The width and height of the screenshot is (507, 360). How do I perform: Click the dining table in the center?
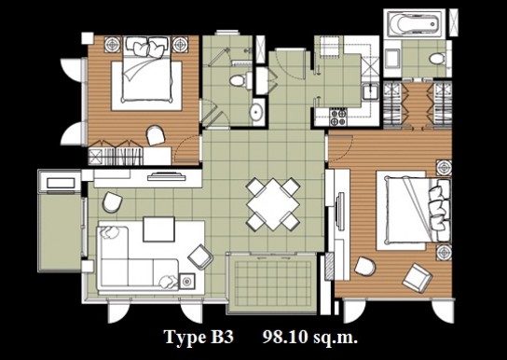273,204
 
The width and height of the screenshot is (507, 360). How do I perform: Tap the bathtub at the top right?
414,23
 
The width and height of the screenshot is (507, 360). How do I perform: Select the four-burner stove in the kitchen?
338,117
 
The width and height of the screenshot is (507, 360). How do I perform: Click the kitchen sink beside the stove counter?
370,90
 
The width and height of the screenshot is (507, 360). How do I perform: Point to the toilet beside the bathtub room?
437,59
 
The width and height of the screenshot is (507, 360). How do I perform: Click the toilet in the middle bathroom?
240,80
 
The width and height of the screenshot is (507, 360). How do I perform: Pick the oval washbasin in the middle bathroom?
257,111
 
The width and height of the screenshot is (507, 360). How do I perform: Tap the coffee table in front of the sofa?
158,229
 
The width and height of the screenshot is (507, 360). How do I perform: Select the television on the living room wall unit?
167,177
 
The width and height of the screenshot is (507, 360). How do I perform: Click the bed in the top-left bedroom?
147,74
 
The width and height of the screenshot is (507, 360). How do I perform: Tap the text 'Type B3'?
199,337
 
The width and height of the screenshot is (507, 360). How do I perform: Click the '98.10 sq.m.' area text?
309,337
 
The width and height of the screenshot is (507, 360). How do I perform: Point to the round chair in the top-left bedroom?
156,135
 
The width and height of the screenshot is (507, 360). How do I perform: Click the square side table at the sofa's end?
186,282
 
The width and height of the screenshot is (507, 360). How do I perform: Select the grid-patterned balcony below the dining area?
272,284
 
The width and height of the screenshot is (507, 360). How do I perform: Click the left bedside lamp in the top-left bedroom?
113,44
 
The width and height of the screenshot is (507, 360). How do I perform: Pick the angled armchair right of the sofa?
200,256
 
